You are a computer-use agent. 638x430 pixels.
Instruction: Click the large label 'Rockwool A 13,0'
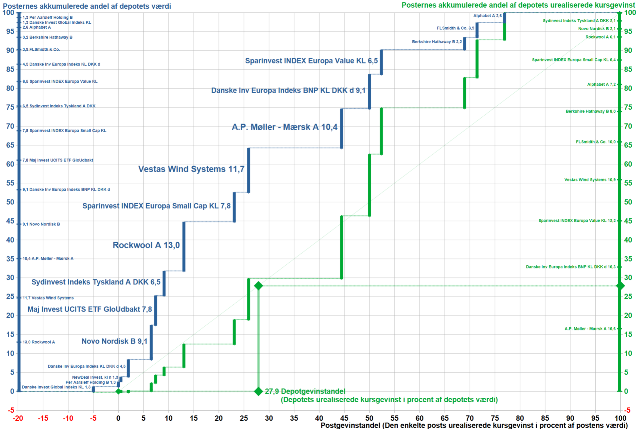(x=146, y=245)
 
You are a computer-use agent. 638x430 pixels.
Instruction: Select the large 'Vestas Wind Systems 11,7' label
(x=191, y=169)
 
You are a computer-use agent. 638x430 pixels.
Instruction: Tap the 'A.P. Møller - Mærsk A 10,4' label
(x=284, y=127)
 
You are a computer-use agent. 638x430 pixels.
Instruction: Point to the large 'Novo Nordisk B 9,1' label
(x=114, y=341)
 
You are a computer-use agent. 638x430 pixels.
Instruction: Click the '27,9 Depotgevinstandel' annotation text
(x=305, y=391)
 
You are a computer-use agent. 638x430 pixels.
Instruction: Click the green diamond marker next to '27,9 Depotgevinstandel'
(x=258, y=391)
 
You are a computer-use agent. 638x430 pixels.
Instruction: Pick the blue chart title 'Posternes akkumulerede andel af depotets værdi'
(x=87, y=6)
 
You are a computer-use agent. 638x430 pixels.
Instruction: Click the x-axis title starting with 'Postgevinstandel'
(x=474, y=425)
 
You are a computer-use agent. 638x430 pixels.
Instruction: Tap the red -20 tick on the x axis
(x=18, y=418)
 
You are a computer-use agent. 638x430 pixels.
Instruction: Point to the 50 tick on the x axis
(x=369, y=418)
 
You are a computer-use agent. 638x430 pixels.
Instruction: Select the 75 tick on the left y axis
(x=10, y=107)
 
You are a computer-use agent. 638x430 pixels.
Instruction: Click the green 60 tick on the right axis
(x=628, y=164)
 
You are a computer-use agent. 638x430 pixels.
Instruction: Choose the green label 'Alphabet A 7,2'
(x=601, y=84)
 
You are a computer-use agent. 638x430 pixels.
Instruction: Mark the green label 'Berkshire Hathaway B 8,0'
(x=590, y=111)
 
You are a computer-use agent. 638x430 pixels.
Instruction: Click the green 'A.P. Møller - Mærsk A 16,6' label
(x=590, y=329)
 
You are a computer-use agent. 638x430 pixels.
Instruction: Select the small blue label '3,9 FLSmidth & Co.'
(x=41, y=49)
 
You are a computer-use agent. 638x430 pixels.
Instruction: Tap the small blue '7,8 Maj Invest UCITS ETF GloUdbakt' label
(x=58, y=160)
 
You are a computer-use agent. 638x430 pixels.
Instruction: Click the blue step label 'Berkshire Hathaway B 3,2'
(x=437, y=42)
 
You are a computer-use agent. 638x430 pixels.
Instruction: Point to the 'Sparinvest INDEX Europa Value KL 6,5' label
(x=311, y=61)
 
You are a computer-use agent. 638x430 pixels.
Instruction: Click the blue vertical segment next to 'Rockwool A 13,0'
(x=184, y=246)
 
